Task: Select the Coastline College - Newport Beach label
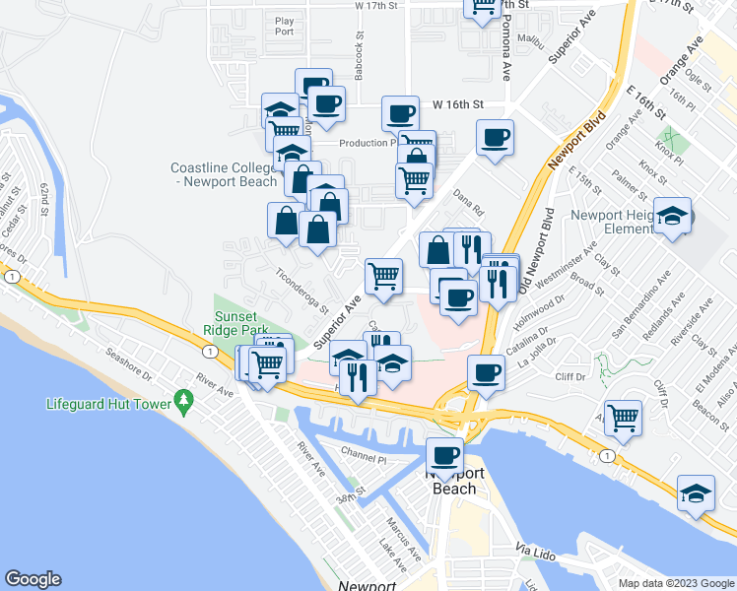[223, 174]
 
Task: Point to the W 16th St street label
[459, 103]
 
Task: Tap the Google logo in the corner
[33, 579]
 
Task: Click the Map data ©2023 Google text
[675, 582]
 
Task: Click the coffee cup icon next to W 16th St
[400, 114]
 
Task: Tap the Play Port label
[285, 26]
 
